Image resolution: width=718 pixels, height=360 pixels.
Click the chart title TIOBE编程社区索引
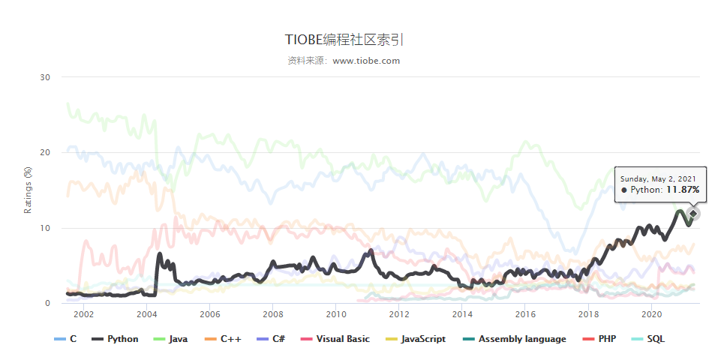point(349,40)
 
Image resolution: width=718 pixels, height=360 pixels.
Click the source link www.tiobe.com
point(366,61)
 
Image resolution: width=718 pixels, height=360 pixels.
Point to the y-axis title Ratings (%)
point(28,190)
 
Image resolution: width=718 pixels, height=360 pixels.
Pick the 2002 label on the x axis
point(83,314)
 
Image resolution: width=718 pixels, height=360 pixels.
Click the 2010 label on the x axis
point(335,314)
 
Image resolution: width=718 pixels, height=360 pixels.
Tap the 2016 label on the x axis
point(525,314)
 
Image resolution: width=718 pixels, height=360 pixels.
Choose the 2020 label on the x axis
point(651,314)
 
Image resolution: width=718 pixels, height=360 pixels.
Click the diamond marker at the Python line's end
point(693,214)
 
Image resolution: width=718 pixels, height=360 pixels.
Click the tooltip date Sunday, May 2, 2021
point(659,178)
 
